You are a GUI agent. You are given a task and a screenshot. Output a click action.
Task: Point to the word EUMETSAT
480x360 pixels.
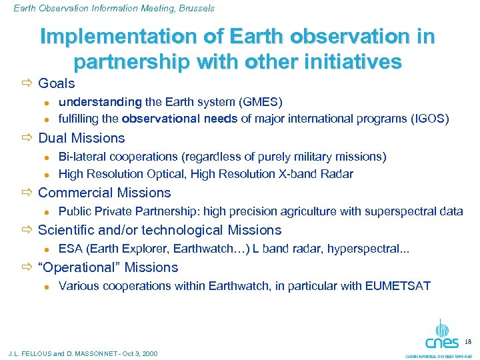[398, 286]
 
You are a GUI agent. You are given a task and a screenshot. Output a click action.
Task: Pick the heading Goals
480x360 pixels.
[57, 83]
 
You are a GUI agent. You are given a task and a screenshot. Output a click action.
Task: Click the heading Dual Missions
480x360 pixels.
[81, 138]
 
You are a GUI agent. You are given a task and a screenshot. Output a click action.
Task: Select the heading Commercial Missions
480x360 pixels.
[104, 193]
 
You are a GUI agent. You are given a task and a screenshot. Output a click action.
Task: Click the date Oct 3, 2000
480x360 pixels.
[137, 353]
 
